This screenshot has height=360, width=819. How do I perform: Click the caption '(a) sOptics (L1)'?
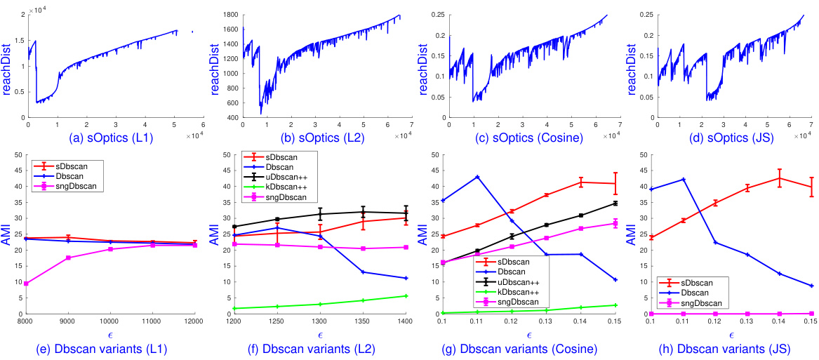[x=108, y=138]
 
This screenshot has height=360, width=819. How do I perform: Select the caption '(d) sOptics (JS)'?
[x=733, y=138]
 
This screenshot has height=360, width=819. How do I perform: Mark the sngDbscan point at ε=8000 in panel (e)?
[x=27, y=284]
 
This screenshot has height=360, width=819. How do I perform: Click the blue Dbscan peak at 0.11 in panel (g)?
[x=477, y=177]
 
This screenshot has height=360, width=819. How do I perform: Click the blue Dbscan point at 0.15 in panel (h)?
[x=811, y=286]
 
